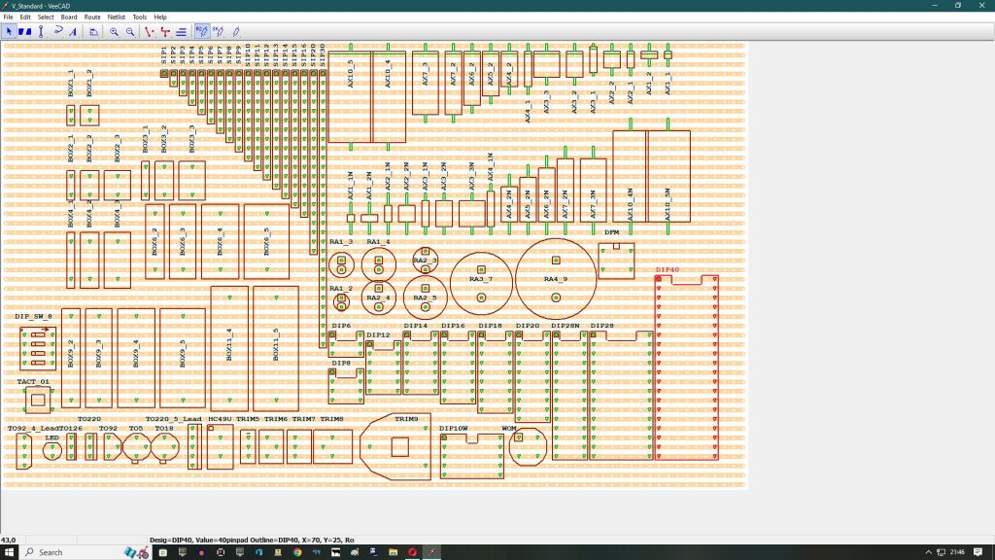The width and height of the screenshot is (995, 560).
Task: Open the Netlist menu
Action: (116, 17)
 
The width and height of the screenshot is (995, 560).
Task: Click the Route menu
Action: (92, 17)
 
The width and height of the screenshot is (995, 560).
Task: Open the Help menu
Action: (160, 17)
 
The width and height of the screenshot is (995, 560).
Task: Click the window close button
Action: (981, 5)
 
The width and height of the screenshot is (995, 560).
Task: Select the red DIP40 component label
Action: (668, 269)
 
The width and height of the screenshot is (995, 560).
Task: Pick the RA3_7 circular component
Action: (481, 281)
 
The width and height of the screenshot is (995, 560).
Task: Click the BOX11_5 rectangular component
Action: (275, 347)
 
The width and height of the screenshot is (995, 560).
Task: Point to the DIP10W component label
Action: (454, 428)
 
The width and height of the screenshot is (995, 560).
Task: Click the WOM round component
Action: (526, 447)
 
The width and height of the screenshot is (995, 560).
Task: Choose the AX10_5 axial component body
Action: (350, 96)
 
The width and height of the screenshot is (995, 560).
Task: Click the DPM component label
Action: (612, 232)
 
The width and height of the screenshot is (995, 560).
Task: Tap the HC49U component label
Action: (220, 419)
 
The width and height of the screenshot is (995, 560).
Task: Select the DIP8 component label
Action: (341, 363)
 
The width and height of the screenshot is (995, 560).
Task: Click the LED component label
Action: (51, 437)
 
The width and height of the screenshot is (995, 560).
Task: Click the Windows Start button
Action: (10, 552)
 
